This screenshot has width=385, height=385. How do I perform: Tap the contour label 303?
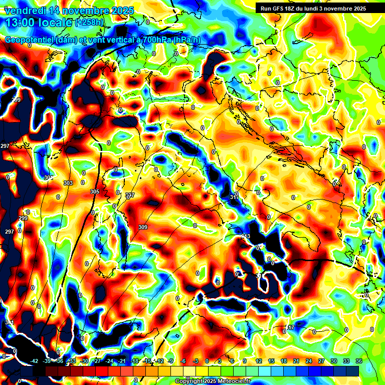[68, 183]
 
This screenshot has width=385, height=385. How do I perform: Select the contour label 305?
[94, 191]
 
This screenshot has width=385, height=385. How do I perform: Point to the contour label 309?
[143, 228]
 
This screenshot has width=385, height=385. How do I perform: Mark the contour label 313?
[246, 236]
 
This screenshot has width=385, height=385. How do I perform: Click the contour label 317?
[290, 327]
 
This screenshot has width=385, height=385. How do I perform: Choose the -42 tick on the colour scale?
[35, 361]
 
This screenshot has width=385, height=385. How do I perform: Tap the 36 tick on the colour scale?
[358, 361]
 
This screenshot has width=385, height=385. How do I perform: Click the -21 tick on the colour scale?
[122, 361]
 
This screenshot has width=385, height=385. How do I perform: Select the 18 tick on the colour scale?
[284, 361]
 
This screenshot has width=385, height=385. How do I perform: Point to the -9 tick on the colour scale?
[171, 361]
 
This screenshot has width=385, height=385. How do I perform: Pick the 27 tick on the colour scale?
[321, 361]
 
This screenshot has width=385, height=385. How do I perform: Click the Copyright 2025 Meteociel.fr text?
[213, 381]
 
